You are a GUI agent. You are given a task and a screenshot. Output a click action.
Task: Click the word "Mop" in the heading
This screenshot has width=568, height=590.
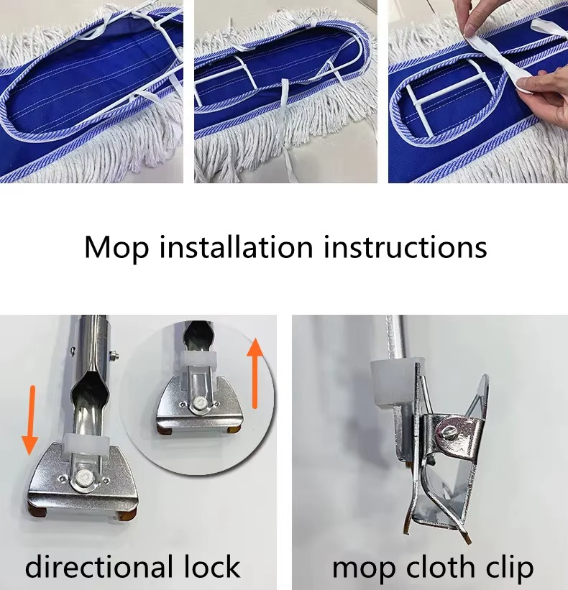[x=116, y=249]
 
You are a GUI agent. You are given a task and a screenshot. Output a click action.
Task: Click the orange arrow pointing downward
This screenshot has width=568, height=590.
[x=30, y=420]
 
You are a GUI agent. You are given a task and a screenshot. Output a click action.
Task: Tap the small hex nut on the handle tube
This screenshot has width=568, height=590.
[x=113, y=354]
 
